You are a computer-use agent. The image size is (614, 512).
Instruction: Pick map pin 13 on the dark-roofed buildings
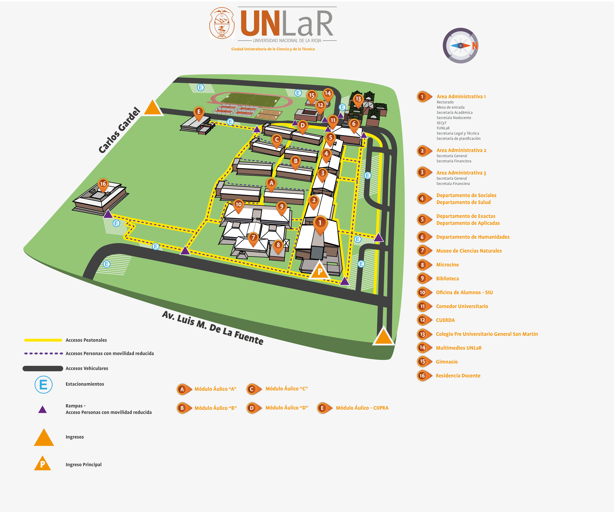pos(358,99)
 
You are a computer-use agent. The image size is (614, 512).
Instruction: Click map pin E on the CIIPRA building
pos(199,112)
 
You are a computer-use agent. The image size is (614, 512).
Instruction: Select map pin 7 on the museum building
pos(253,238)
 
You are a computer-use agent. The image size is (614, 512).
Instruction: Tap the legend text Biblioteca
pos(447,279)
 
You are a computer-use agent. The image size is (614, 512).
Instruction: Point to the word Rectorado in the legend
pos(445,102)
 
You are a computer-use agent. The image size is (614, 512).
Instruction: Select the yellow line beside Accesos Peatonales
pos(43,340)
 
